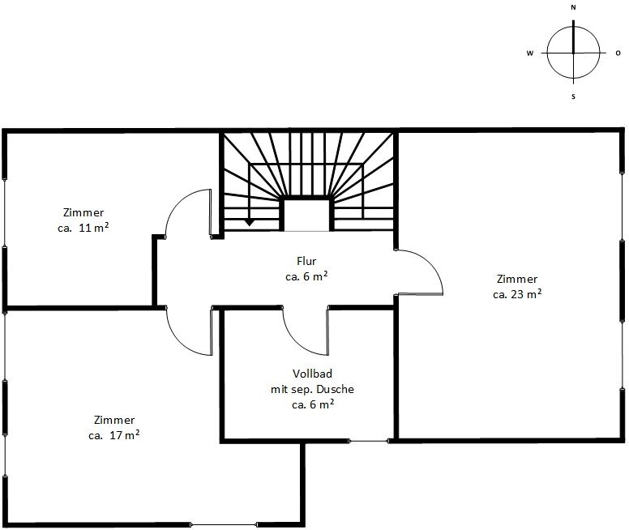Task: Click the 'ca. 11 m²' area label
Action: [83, 228]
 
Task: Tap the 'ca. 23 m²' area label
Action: [517, 294]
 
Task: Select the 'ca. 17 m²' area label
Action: [114, 435]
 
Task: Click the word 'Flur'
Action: [306, 261]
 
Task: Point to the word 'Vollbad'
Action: [313, 374]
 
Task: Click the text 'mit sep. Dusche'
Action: [313, 389]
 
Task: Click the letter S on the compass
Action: [573, 96]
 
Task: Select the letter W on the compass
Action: [530, 53]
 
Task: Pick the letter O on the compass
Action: [618, 53]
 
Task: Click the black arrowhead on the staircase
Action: [249, 222]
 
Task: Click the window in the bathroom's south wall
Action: [368, 442]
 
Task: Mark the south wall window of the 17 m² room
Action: [224, 524]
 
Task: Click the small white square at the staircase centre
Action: [307, 216]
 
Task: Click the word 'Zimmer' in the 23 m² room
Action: [517, 279]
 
